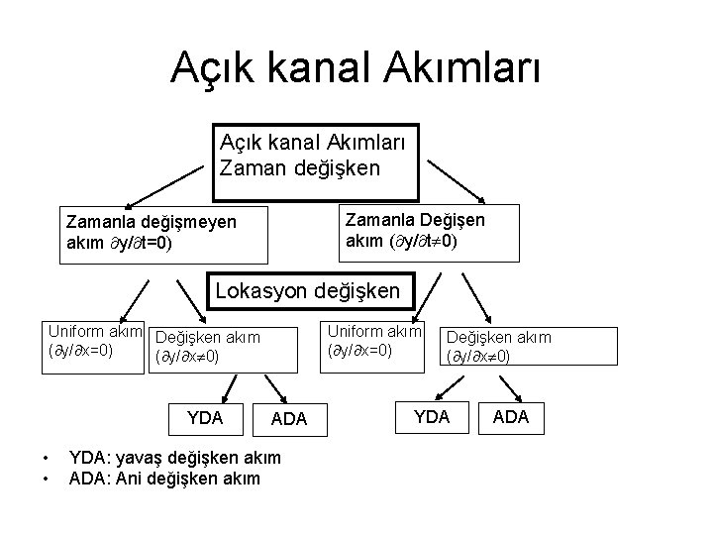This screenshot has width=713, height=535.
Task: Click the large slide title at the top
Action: click(x=356, y=68)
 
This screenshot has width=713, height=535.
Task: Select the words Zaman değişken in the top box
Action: click(x=299, y=167)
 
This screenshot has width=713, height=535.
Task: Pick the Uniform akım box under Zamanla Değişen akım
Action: click(x=374, y=340)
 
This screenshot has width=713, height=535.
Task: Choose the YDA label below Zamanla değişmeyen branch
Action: click(x=205, y=417)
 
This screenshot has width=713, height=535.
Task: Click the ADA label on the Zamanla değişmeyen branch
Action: click(x=289, y=420)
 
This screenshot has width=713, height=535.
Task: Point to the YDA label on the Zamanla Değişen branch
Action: click(x=431, y=417)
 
